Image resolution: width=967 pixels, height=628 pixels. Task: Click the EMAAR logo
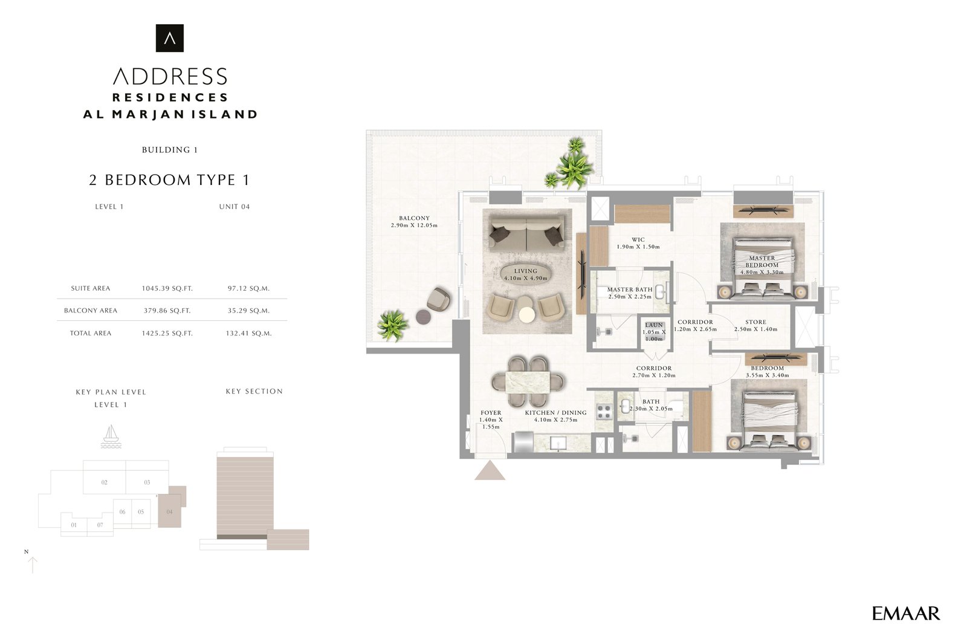tap(905, 613)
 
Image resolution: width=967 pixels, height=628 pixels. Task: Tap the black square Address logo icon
tap(170, 38)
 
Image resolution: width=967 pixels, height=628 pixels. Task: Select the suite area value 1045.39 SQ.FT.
tap(167, 288)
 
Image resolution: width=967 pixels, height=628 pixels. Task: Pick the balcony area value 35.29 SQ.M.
tap(248, 311)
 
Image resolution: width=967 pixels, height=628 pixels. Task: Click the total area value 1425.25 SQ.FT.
tap(167, 333)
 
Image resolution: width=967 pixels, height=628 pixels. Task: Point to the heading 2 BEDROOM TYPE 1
tap(169, 180)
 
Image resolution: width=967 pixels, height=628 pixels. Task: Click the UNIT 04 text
tap(234, 207)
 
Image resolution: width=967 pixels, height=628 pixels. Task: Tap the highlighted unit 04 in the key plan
tap(170, 511)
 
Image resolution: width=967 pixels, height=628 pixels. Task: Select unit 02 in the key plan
tap(105, 482)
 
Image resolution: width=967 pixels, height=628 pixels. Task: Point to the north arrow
tap(33, 565)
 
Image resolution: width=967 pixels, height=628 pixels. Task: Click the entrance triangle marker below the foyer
tap(490, 470)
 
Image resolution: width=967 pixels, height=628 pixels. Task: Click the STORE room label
tap(755, 322)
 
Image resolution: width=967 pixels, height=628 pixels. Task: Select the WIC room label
tap(638, 240)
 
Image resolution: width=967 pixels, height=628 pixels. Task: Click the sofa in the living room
tap(526, 235)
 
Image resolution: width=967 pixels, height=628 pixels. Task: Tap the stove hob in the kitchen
tap(604, 411)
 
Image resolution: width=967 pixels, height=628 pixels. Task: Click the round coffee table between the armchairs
tap(527, 314)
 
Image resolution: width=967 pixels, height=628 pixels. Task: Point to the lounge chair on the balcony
tap(439, 299)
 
